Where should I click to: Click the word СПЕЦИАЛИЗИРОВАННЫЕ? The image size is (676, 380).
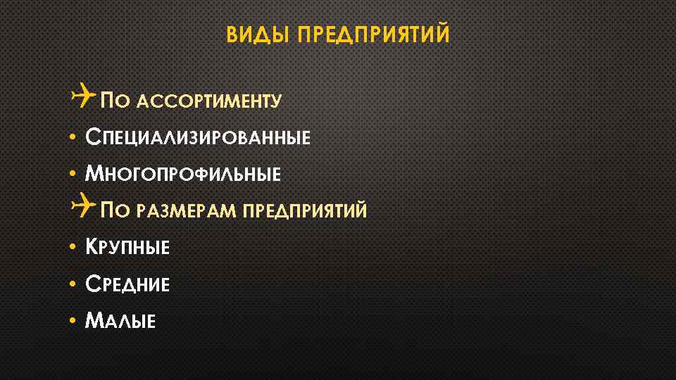pos(197,137)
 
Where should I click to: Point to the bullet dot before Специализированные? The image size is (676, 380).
pos(73,137)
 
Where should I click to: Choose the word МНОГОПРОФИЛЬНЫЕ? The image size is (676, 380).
pos(182,173)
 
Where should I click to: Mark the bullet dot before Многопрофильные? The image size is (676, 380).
pos(73,173)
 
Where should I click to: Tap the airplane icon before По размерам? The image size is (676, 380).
pos(83,207)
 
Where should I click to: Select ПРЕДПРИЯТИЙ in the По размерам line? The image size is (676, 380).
pos(304,210)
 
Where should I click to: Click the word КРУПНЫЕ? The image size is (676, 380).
pos(127,247)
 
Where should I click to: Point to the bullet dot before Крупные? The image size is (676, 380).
pos(73,247)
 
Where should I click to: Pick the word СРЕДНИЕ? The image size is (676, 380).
pos(127,284)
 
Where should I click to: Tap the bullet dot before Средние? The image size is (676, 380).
pos(73,284)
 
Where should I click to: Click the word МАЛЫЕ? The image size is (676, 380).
pos(120,322)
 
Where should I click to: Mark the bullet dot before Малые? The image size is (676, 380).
pos(73,321)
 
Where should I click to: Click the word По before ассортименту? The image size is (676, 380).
pos(113,101)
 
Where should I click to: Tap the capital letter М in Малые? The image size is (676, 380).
pos(94,321)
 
